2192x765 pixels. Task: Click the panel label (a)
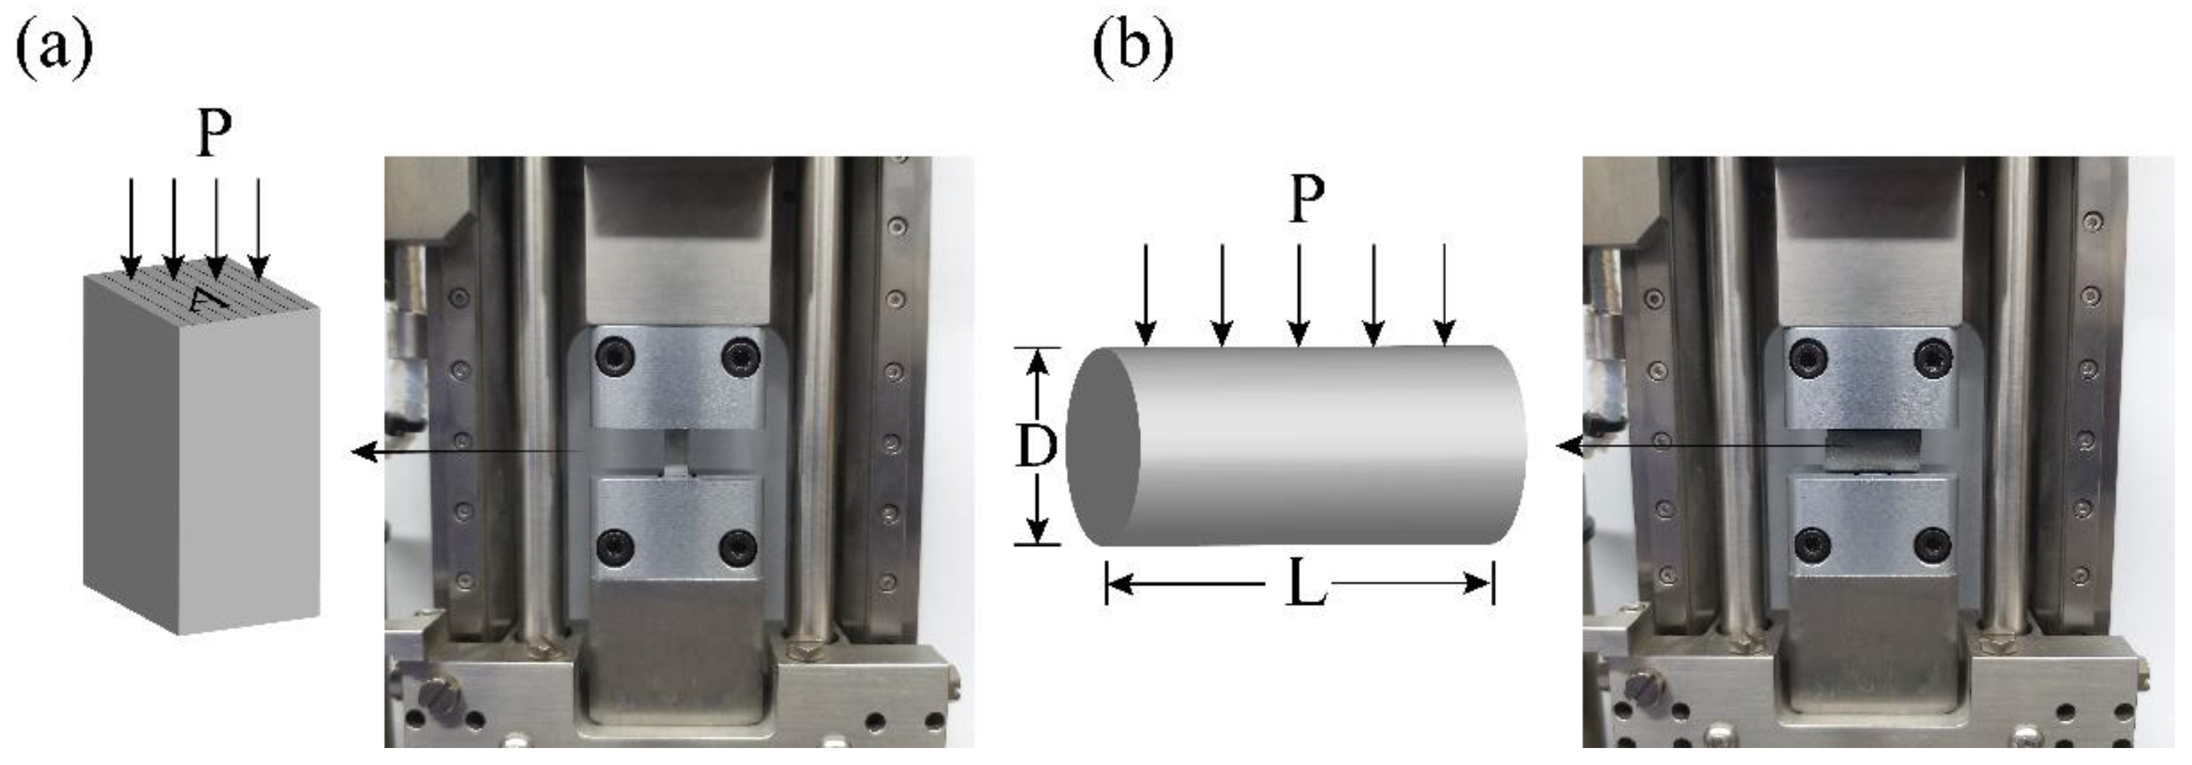click(54, 49)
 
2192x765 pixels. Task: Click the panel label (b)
click(1132, 49)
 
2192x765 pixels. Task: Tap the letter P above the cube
click(214, 133)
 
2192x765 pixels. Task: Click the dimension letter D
click(1036, 446)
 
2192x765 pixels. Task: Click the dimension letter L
click(1305, 584)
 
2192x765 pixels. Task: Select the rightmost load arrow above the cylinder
click(1444, 294)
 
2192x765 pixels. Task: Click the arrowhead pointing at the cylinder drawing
click(1568, 445)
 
